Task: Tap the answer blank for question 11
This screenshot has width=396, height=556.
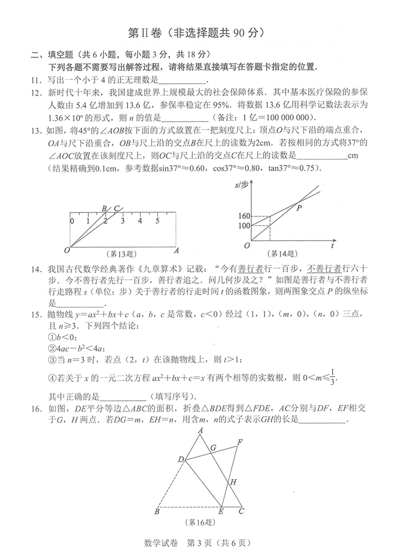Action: (x=182, y=80)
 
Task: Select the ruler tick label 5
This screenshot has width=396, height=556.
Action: (x=157, y=221)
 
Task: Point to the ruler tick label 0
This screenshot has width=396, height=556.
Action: (x=72, y=221)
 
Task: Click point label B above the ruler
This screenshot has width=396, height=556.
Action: (x=104, y=209)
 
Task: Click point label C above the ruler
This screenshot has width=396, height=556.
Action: (x=116, y=209)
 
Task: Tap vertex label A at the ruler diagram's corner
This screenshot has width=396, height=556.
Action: (x=176, y=251)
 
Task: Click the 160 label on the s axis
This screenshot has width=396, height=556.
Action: (x=244, y=216)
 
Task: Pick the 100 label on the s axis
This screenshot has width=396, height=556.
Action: (x=244, y=225)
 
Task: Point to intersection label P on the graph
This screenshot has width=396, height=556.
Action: (x=299, y=208)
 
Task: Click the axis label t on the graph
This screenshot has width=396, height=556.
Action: (x=332, y=246)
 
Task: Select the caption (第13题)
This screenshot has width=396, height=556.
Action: (x=121, y=254)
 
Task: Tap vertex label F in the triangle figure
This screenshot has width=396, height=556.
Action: (x=240, y=442)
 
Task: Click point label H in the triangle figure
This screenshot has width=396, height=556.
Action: (x=233, y=482)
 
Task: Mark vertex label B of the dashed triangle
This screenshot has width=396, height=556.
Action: (x=157, y=511)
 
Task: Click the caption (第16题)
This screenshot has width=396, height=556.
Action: (x=200, y=522)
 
